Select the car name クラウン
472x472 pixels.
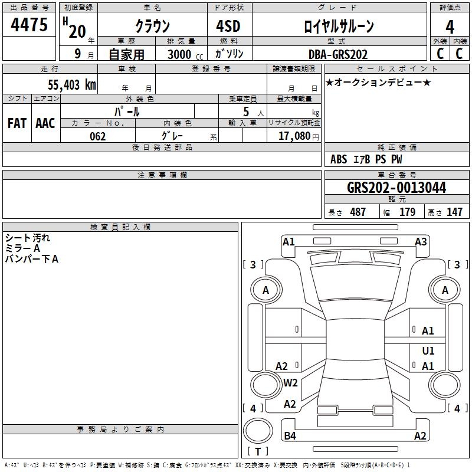pos(152,26)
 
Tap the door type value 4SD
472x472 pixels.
pos(228,26)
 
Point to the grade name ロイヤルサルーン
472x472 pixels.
pos(338,26)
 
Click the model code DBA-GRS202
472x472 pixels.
pos(338,54)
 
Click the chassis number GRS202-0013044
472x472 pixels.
pos(396,188)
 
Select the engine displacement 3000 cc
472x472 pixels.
pos(183,54)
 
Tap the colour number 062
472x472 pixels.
pos(98,136)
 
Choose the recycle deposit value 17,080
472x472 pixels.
pos(293,136)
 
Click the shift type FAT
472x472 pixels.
pos(17,123)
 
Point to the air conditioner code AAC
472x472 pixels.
pos(45,123)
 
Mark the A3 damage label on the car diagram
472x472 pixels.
pos(421,241)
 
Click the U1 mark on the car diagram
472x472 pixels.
pos(428,351)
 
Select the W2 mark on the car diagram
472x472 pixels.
pos(290,383)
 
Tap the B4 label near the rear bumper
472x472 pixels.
pos(290,436)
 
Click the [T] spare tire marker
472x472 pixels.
pos(258,451)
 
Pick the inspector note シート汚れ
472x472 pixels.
pos(28,238)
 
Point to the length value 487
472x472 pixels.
pos(358,212)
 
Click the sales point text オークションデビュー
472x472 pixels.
pos(378,82)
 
